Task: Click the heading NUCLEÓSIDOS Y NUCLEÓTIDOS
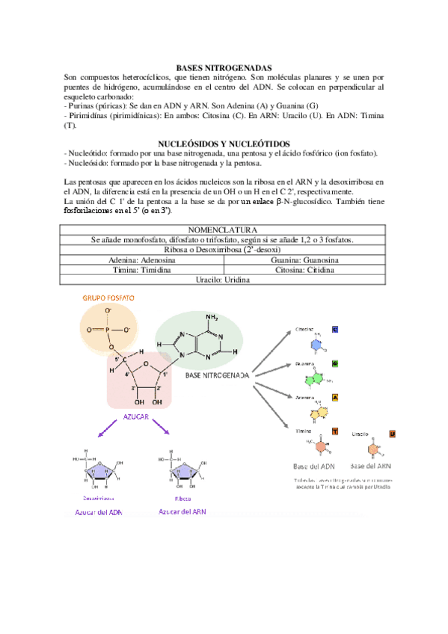[x=224, y=144]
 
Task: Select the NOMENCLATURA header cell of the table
[x=224, y=230]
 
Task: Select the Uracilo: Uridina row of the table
[x=224, y=280]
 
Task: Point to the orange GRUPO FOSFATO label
[x=108, y=298]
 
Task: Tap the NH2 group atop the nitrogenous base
[x=212, y=318]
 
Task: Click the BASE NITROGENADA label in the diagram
[x=217, y=375]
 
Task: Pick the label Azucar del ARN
[x=182, y=512]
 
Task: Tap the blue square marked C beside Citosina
[x=335, y=329]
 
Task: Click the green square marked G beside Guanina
[x=335, y=363]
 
